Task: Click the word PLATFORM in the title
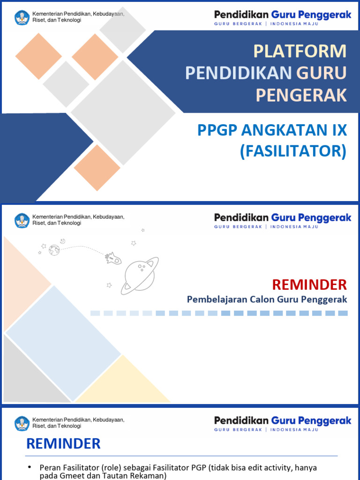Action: click(x=300, y=51)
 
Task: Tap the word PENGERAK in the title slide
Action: click(x=301, y=95)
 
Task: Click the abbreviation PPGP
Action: click(x=216, y=130)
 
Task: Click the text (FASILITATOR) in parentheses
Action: click(x=293, y=151)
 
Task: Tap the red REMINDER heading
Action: click(x=309, y=284)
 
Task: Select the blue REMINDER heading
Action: click(x=63, y=443)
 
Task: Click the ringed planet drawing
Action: click(x=139, y=275)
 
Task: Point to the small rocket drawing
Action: click(x=113, y=258)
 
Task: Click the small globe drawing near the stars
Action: click(x=54, y=250)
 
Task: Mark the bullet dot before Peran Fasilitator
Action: click(x=30, y=467)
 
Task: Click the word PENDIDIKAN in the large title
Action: click(x=238, y=73)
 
